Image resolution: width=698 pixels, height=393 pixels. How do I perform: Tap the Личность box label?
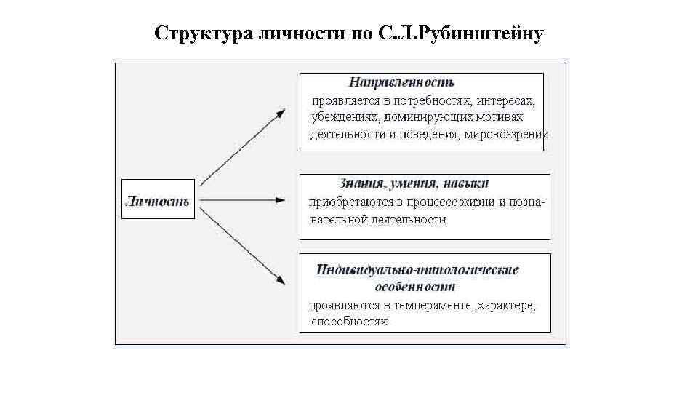(158, 201)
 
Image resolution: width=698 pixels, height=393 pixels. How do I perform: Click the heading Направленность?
(401, 82)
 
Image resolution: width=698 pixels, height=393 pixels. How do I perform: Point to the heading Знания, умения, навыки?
(414, 183)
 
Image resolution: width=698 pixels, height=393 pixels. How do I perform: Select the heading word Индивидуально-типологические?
(418, 270)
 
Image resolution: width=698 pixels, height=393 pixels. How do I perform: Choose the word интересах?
(508, 100)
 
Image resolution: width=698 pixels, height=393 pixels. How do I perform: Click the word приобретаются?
(345, 202)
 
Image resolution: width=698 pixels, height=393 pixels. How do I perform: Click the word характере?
(507, 306)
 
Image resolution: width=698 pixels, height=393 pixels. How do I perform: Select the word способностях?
(349, 322)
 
